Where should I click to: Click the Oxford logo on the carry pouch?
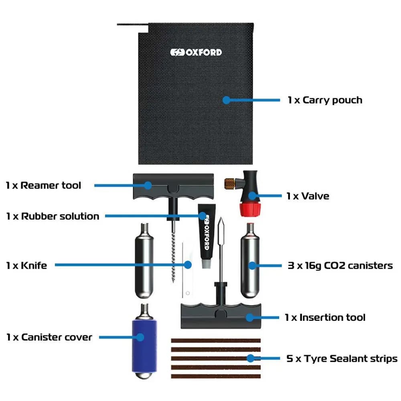(196, 53)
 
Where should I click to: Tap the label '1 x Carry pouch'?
(325, 100)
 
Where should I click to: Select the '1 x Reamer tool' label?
(43, 185)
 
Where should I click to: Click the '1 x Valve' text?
(308, 196)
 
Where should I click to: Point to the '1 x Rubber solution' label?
(53, 216)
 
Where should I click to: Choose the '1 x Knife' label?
(26, 265)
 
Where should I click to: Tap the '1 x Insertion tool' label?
(325, 317)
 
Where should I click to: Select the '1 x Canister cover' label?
(49, 337)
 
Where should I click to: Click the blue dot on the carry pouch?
(227, 100)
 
